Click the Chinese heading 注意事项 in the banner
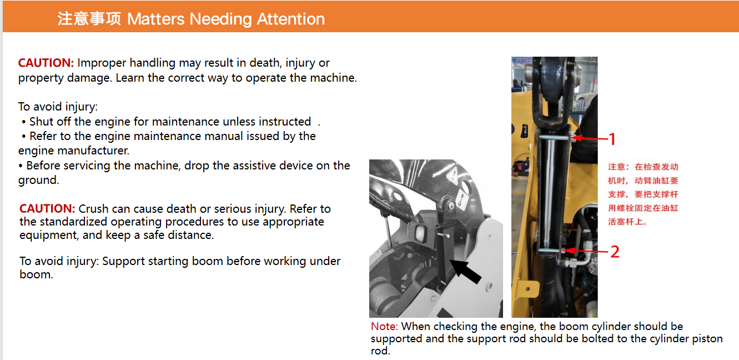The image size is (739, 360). point(89,19)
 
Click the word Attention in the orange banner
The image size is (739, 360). point(290,19)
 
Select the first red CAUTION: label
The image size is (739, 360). point(46,63)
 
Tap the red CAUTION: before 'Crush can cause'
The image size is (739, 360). point(47,208)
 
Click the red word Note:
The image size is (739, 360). point(384,326)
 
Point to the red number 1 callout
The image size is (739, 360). point(612,139)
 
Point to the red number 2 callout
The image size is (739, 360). point(615,252)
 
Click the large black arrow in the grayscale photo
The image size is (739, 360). point(465,271)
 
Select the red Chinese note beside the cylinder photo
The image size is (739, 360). point(643,194)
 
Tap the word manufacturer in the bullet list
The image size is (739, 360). point(93,151)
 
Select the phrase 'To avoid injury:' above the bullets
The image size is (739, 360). point(58,107)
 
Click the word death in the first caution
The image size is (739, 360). point(265,63)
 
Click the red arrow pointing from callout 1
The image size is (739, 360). point(589,138)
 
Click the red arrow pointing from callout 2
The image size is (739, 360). point(585,251)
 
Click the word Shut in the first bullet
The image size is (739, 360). point(42,122)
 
